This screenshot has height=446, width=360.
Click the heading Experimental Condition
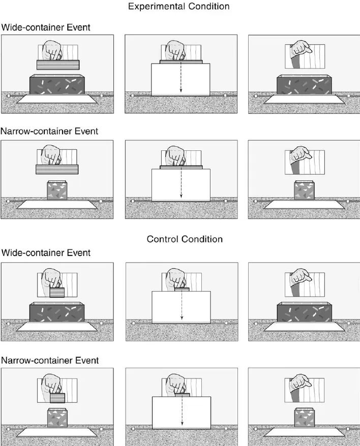coord(179,6)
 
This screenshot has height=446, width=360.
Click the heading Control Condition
coord(185,239)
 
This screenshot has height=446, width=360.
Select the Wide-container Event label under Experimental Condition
coord(46,27)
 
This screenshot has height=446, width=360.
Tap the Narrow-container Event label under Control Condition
coord(50,360)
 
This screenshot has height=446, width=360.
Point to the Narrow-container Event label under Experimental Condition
coord(49,131)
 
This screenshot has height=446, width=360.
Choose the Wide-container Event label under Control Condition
coord(46,252)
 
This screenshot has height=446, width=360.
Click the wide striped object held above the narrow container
coord(57,170)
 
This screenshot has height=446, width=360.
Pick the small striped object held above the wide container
coord(57,293)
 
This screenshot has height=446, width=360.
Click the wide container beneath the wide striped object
coord(57,84)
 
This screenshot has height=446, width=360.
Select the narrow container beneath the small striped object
coord(57,418)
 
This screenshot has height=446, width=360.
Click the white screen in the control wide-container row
coord(182,307)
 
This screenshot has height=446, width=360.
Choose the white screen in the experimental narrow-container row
coord(181,185)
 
